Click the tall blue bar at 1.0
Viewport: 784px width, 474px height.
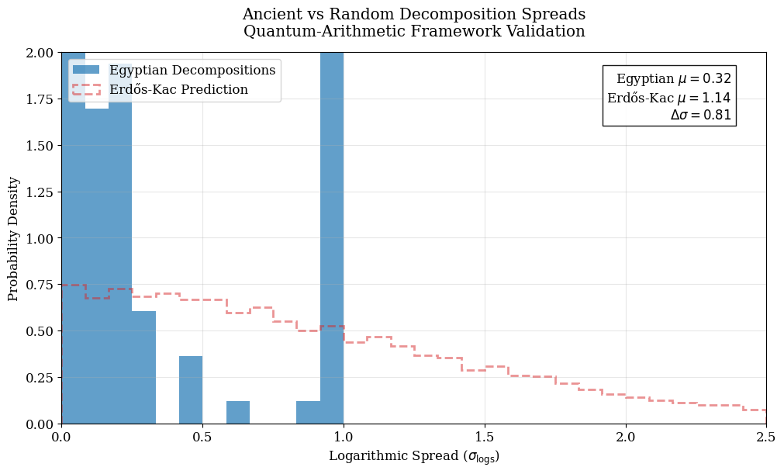[332, 233]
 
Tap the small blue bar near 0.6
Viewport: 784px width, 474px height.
[238, 413]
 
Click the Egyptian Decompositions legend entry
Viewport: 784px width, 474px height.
[192, 71]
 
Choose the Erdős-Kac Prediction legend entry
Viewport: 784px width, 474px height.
[178, 90]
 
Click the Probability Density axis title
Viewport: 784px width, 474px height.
[13, 238]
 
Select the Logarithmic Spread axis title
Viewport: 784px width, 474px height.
[414, 456]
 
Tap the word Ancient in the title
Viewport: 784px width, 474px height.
[271, 15]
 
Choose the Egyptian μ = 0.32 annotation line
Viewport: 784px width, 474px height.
[673, 79]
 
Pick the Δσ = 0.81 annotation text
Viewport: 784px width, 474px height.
[700, 115]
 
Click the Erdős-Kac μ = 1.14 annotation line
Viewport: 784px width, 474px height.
[668, 98]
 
